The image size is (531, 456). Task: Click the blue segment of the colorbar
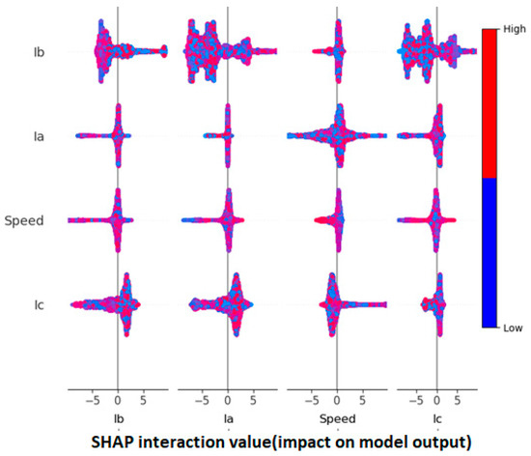490,251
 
